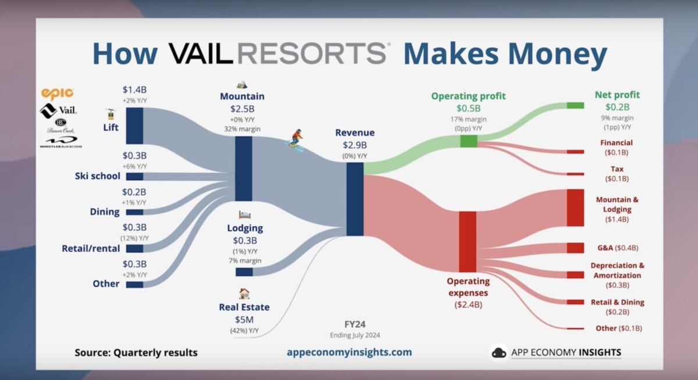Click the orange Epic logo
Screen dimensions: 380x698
pyautogui.click(x=57, y=93)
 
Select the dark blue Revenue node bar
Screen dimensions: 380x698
pyautogui.click(x=355, y=199)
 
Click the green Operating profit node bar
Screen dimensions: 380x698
pyautogui.click(x=468, y=141)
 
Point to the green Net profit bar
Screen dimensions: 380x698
pyautogui.click(x=575, y=106)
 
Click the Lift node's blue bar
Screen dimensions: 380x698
pyautogui.click(x=134, y=126)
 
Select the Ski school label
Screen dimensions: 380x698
pyautogui.click(x=98, y=176)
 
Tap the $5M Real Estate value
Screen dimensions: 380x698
pyautogui.click(x=244, y=319)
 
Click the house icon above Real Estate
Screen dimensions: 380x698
pyautogui.click(x=244, y=294)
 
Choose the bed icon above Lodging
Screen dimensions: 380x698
pyautogui.click(x=244, y=216)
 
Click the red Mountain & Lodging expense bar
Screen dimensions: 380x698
pyautogui.click(x=575, y=207)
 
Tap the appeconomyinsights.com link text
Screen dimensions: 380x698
pyautogui.click(x=350, y=352)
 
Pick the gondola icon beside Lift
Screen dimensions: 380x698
pyautogui.click(x=108, y=114)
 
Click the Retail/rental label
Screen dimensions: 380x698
pyautogui.click(x=91, y=249)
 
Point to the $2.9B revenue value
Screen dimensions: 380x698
pyautogui.click(x=354, y=144)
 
